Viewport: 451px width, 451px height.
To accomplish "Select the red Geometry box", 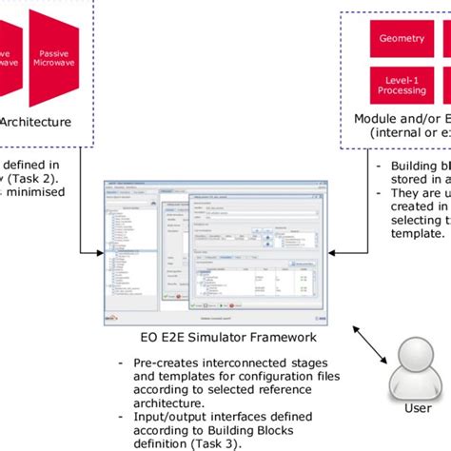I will [x=402, y=39].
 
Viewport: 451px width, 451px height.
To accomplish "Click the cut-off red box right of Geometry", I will [x=446, y=39].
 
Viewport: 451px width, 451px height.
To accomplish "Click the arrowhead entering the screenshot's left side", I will [x=99, y=252].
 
